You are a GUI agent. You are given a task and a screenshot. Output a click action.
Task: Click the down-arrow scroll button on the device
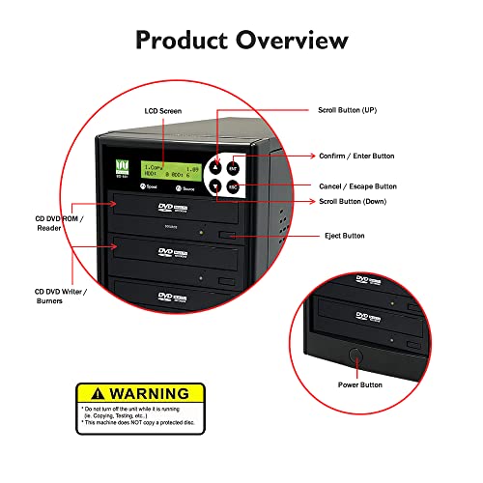click(x=217, y=186)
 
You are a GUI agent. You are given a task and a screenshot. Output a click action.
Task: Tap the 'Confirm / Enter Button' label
click(x=357, y=155)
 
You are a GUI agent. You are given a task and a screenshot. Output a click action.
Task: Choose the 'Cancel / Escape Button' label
click(x=357, y=185)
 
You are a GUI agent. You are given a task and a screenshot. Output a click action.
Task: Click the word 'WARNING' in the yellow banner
click(x=150, y=394)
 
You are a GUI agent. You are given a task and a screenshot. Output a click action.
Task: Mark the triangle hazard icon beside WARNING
click(x=92, y=394)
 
